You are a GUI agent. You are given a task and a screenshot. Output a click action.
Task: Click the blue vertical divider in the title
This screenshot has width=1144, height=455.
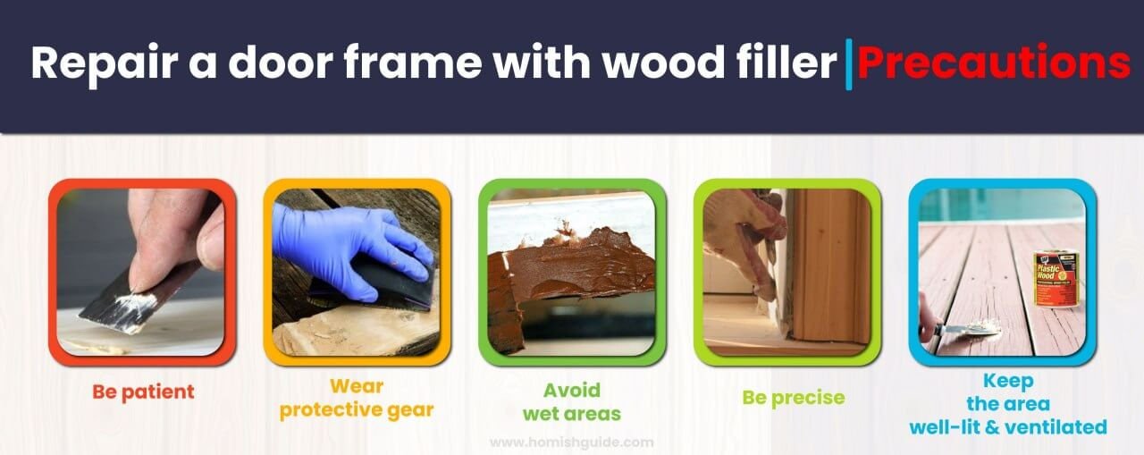(847, 64)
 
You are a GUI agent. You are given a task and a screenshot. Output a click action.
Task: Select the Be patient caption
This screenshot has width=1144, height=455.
(143, 392)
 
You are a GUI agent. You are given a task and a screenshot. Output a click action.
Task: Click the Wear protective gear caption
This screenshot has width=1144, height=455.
(357, 399)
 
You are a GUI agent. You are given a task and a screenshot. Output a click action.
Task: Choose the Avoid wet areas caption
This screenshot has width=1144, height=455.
(572, 402)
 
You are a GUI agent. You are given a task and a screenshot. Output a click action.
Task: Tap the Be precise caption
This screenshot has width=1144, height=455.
(793, 397)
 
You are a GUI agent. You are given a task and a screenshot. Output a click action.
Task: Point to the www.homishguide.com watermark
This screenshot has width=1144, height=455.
(572, 442)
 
